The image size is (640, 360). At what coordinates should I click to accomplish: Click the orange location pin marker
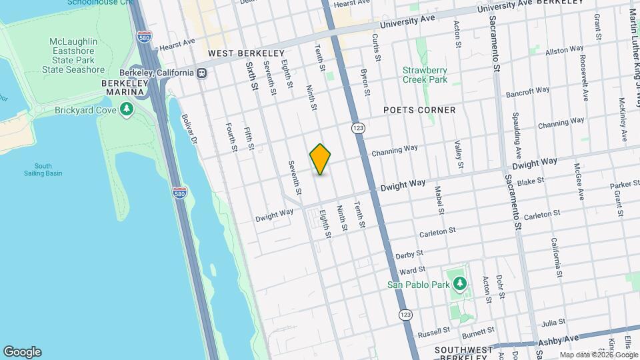[320, 159]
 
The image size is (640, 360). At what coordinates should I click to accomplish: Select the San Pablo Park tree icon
[459, 285]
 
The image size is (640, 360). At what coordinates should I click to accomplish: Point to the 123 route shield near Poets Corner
[359, 127]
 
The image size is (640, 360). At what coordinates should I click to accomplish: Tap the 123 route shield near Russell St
[405, 314]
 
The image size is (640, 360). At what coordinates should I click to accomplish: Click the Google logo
[22, 352]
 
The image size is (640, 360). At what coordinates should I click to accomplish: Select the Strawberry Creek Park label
[425, 74]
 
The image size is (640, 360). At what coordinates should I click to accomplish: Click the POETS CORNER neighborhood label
[419, 110]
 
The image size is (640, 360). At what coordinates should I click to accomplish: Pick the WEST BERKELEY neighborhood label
[246, 53]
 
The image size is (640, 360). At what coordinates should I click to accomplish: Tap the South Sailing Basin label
[43, 169]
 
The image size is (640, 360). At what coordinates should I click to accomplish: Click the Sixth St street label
[251, 76]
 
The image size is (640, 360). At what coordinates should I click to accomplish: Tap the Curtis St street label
[376, 49]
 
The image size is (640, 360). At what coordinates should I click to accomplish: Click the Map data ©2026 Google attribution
[599, 355]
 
